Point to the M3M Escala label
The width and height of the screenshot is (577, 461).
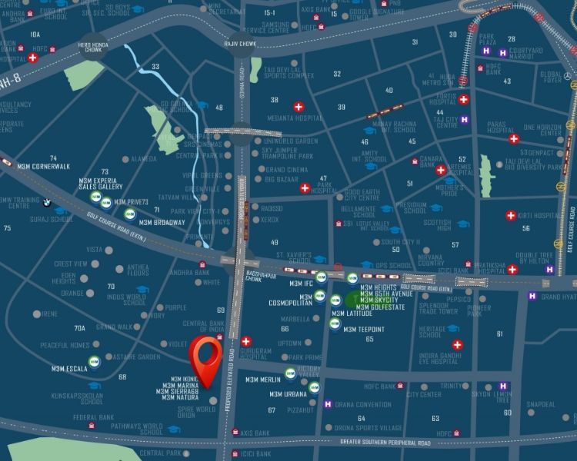point(68,368)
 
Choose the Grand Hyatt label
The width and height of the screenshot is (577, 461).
point(559,297)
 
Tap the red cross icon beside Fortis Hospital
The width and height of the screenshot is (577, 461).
point(464,100)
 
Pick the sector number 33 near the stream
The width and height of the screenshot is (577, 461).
point(155,67)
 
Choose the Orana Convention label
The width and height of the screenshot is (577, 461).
point(363,404)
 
